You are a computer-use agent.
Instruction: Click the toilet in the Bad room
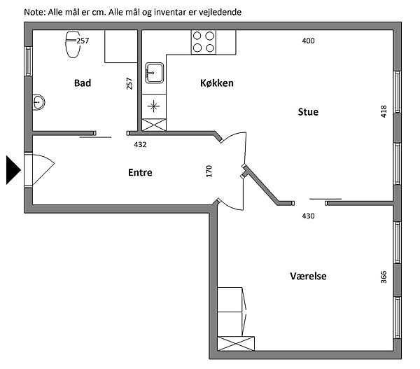click(x=73, y=45)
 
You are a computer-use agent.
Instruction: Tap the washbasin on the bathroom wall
click(x=38, y=102)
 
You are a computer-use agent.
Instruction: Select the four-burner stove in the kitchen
click(x=204, y=42)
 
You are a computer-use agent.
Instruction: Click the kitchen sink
click(x=154, y=73)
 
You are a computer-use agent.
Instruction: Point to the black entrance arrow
click(x=13, y=170)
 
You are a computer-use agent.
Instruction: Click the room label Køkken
click(x=217, y=83)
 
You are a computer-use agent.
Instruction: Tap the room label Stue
click(x=308, y=112)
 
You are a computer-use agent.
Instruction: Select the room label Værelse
click(x=308, y=276)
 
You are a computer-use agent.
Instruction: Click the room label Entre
click(x=140, y=172)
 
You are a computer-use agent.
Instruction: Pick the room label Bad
click(x=83, y=83)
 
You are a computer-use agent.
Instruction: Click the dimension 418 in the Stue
click(x=384, y=111)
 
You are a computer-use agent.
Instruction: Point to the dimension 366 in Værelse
click(x=384, y=277)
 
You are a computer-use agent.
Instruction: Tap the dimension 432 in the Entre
click(x=140, y=145)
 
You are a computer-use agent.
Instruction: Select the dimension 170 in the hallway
click(x=209, y=172)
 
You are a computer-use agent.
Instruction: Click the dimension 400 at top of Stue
click(x=308, y=41)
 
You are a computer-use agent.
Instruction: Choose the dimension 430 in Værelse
click(x=308, y=216)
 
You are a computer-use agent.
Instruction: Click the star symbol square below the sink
click(x=154, y=106)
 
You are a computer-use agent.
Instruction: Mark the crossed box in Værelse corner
click(x=236, y=343)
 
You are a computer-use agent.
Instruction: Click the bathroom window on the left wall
click(x=29, y=61)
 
